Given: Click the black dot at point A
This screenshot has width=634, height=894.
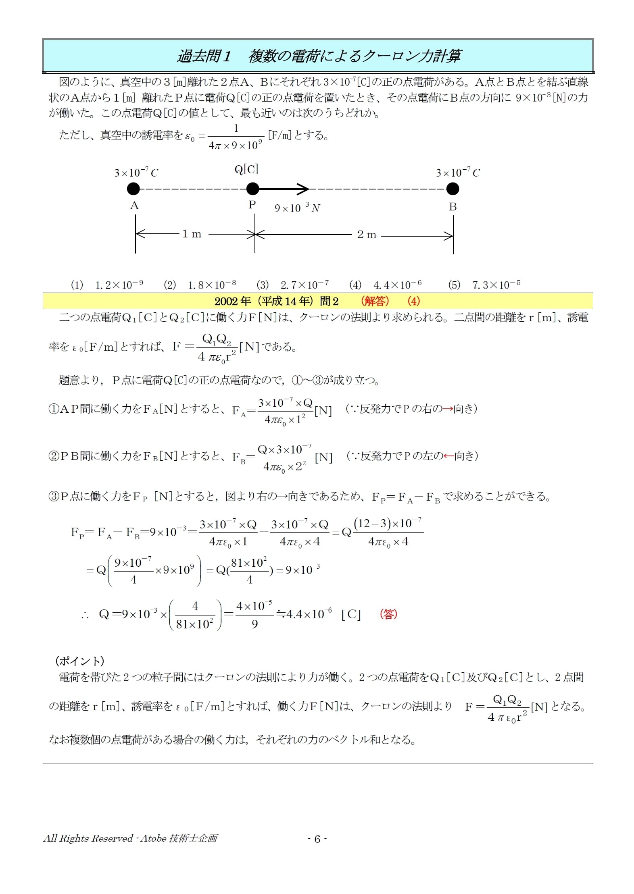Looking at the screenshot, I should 133,189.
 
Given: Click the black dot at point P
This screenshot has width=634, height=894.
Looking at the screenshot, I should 252,189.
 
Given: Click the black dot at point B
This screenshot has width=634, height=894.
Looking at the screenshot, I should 453,189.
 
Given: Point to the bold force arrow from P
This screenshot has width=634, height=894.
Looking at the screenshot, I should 284,189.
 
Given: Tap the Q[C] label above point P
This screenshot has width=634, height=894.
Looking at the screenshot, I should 246,169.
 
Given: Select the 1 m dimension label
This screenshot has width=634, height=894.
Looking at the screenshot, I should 192,234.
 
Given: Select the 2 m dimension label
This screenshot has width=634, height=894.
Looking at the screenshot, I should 367,235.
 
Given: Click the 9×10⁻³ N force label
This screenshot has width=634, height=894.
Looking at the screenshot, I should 297,208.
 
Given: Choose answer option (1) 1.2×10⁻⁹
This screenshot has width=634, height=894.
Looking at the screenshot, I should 107,285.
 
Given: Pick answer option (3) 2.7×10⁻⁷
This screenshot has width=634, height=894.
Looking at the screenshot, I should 293,285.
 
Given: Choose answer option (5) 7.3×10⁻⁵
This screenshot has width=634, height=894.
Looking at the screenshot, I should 484,285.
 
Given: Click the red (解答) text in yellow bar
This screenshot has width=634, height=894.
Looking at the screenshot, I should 375,301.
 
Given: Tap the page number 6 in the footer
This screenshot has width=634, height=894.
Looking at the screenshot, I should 317,839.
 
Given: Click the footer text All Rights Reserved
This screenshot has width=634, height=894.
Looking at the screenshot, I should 88,839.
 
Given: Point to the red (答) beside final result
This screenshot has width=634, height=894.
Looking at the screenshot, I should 388,614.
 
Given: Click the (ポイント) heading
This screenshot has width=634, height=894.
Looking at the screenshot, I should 80,661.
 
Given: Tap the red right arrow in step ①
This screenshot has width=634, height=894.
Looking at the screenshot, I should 447,409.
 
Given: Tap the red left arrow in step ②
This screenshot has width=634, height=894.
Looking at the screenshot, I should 448,456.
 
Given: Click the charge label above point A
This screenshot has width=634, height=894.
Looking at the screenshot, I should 136,173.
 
